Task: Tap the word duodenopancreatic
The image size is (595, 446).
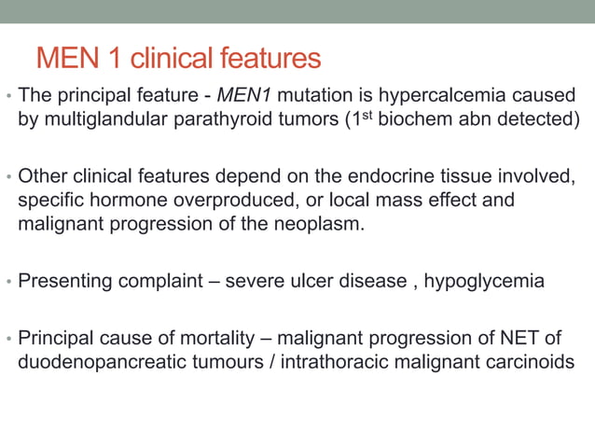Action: point(104,361)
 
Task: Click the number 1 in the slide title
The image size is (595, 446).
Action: point(114,59)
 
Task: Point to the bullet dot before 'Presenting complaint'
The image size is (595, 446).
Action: point(7,282)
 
